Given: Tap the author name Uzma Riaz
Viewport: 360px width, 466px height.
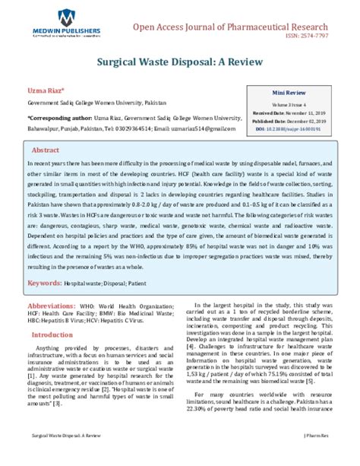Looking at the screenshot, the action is [x=45, y=90].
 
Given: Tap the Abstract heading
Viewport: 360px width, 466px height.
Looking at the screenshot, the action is [x=46, y=151].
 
